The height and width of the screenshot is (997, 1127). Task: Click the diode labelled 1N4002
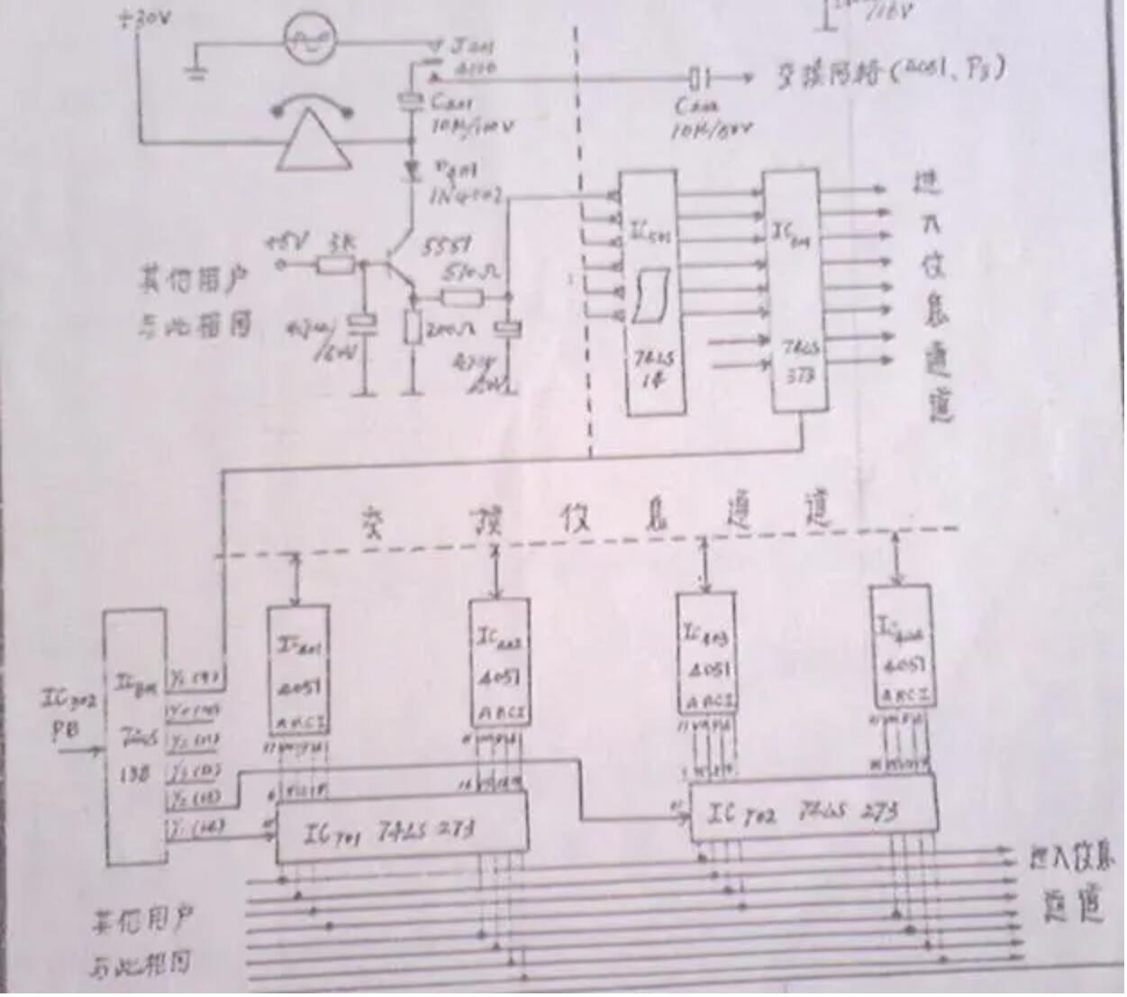(x=414, y=169)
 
